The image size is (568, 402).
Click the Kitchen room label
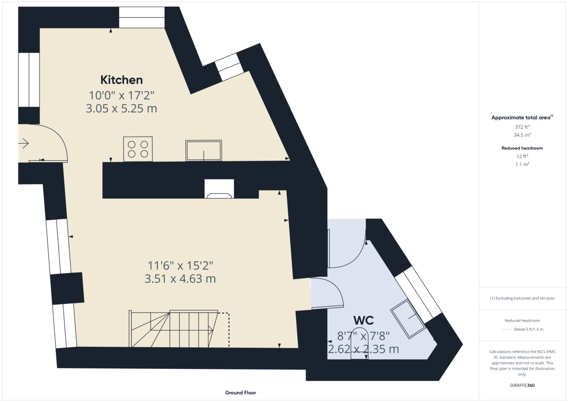[121, 80]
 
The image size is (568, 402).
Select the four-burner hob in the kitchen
[138, 149]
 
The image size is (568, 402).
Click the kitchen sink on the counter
[204, 150]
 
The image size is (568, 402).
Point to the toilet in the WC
[359, 343]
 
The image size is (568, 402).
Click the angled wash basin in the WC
[408, 318]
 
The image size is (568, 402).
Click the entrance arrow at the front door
[24, 143]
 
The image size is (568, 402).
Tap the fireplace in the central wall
[219, 190]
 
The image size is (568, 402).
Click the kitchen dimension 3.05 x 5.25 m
[121, 108]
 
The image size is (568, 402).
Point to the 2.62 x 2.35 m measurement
[364, 349]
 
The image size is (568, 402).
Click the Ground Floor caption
[240, 393]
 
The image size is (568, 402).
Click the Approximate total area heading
[522, 117]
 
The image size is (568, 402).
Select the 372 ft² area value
[522, 127]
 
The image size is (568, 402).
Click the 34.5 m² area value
[522, 134]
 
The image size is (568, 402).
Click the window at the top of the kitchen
[142, 18]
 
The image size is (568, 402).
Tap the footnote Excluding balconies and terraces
[522, 298]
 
